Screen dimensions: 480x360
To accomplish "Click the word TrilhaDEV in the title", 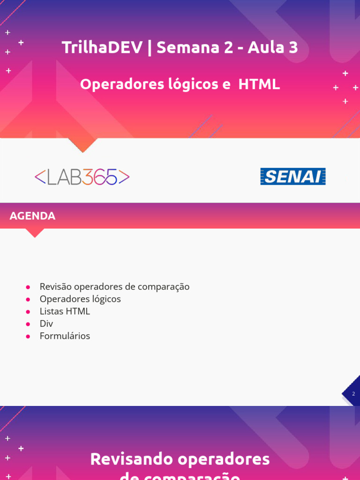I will point(102,47).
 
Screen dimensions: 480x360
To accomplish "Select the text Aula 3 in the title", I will point(273,47).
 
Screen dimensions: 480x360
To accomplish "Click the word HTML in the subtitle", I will point(259,84).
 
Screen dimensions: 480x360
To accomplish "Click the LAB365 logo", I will point(82,177).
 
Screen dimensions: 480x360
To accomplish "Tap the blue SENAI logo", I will point(293,177).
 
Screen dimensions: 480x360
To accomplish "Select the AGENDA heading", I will point(32,216).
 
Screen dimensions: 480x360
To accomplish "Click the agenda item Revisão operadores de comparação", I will point(114,286).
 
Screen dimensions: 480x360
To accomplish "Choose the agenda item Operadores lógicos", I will point(80,299).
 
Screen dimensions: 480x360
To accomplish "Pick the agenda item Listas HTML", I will point(65,311).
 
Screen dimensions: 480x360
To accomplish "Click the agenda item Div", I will point(46,324).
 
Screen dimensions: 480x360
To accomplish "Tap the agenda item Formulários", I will point(65,336).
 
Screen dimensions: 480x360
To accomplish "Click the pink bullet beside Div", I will point(28,324).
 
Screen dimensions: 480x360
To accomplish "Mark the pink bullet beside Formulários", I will point(28,337).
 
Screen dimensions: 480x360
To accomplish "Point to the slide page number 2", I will point(353,394).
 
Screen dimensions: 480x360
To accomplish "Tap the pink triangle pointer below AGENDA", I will point(34,233).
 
